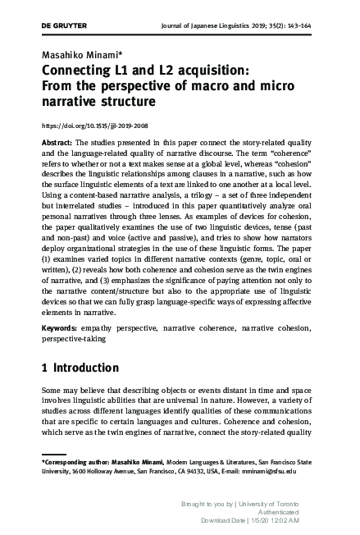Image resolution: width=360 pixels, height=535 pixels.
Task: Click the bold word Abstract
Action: pos(57,142)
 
